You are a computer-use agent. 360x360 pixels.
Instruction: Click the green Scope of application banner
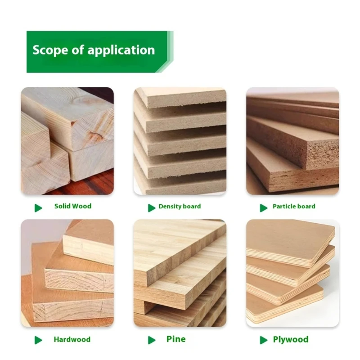pyautogui.click(x=99, y=51)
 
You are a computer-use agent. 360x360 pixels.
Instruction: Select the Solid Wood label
pyautogui.click(x=72, y=206)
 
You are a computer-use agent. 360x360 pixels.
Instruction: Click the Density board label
pyautogui.click(x=180, y=207)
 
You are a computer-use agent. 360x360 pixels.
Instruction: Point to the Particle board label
pyautogui.click(x=293, y=207)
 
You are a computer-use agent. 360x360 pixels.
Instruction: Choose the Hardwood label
pyautogui.click(x=72, y=339)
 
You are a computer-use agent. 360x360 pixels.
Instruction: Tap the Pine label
pyautogui.click(x=175, y=339)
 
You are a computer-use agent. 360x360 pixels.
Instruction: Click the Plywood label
pyautogui.click(x=291, y=339)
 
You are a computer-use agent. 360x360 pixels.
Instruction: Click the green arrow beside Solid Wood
pyautogui.click(x=39, y=207)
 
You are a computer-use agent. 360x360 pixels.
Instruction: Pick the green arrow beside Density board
pyautogui.click(x=152, y=207)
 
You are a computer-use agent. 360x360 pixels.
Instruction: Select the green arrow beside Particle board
pyautogui.click(x=264, y=207)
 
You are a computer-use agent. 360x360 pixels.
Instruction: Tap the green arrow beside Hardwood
pyautogui.click(x=39, y=340)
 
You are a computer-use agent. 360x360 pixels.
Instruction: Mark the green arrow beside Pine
pyautogui.click(x=152, y=340)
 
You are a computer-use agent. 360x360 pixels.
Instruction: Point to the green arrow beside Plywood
pyautogui.click(x=264, y=340)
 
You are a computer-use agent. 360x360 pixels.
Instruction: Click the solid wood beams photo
pyautogui.click(x=67, y=141)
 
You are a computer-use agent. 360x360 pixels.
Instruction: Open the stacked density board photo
pyautogui.click(x=180, y=141)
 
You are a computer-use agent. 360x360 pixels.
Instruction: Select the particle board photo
pyautogui.click(x=292, y=141)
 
